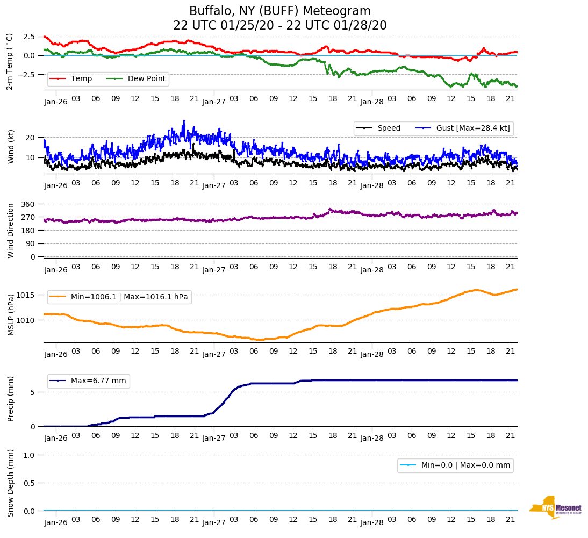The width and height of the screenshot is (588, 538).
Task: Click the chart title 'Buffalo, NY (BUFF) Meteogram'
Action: [x=279, y=11]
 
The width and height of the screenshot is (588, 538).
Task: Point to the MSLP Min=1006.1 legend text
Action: [x=129, y=297]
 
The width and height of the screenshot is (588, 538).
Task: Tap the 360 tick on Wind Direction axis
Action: [x=28, y=204]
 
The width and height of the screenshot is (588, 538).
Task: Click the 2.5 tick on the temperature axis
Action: [x=29, y=37]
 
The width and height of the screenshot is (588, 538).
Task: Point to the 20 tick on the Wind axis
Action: [x=31, y=138]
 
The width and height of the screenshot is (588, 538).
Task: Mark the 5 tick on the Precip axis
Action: [x=33, y=392]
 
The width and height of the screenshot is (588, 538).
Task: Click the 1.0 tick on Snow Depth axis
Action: [x=30, y=455]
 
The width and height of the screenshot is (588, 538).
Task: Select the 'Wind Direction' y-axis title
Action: [x=11, y=231]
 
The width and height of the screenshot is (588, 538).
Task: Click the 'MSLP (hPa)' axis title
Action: [x=11, y=315]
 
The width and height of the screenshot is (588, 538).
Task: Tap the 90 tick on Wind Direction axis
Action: [x=30, y=243]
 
